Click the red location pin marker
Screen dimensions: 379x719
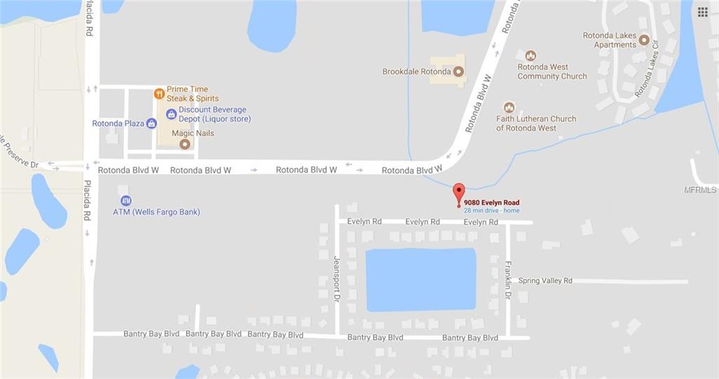click(459, 192)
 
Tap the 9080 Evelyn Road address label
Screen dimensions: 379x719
click(492, 203)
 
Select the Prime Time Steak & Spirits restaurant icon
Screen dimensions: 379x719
click(159, 93)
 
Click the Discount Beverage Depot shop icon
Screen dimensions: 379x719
click(171, 114)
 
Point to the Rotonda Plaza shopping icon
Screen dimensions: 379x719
click(151, 124)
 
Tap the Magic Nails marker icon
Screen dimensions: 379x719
click(185, 145)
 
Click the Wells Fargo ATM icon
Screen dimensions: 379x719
click(126, 200)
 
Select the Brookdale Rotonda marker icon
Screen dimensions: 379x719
click(459, 71)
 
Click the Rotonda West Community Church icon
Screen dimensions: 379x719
click(531, 56)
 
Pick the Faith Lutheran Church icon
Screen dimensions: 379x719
click(509, 108)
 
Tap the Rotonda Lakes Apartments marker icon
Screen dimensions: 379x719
click(644, 40)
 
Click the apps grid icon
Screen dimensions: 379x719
click(702, 12)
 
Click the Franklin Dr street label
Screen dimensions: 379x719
click(508, 279)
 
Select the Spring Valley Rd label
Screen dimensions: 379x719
click(546, 281)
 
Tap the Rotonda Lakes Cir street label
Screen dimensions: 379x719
click(647, 68)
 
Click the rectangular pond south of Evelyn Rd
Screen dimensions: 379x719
click(421, 279)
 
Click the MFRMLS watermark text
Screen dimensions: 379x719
click(700, 190)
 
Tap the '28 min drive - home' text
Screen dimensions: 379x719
click(492, 211)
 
